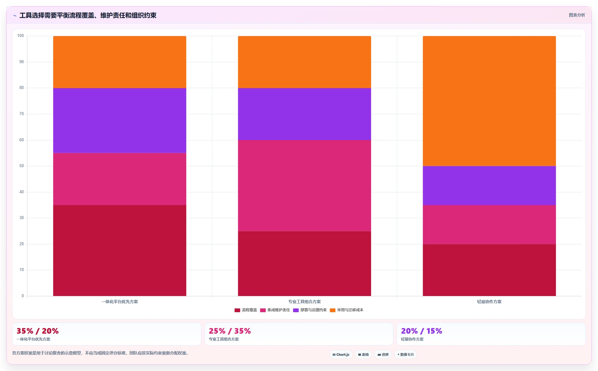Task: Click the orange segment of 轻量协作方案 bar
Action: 489,101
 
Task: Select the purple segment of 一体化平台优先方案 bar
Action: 120,120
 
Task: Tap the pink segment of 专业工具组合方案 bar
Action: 304,185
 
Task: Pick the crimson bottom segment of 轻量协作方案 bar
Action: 489,270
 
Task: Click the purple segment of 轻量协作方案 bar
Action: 489,185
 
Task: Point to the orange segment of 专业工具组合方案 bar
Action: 304,62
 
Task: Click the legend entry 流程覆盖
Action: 246,310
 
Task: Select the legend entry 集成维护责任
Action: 275,310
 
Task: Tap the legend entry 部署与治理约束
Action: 310,310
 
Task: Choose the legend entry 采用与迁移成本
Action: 346,310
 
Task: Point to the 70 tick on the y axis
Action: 21,114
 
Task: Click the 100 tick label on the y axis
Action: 21,36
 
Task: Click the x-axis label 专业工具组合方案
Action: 304,302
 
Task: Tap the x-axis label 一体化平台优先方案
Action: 120,302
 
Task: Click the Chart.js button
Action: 341,355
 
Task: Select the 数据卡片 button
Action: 406,355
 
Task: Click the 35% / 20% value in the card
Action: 38,331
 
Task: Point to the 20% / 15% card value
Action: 421,331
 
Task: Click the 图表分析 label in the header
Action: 577,15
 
